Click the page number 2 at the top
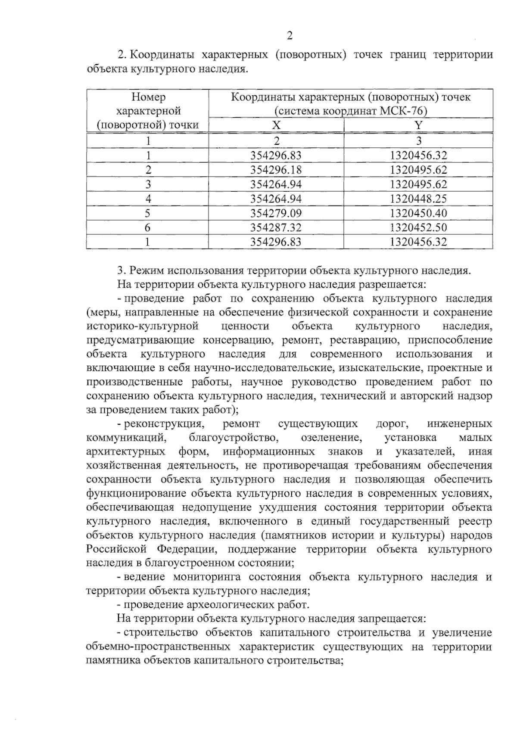click(290, 35)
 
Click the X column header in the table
click(276, 125)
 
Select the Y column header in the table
click(418, 125)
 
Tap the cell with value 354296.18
click(276, 170)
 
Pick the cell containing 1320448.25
click(418, 199)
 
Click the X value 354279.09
click(276, 213)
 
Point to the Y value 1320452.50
click(418, 227)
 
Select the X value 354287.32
click(276, 227)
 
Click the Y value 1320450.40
click(418, 213)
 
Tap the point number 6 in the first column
click(147, 227)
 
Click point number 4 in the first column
click(147, 199)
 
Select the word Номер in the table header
click(148, 97)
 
